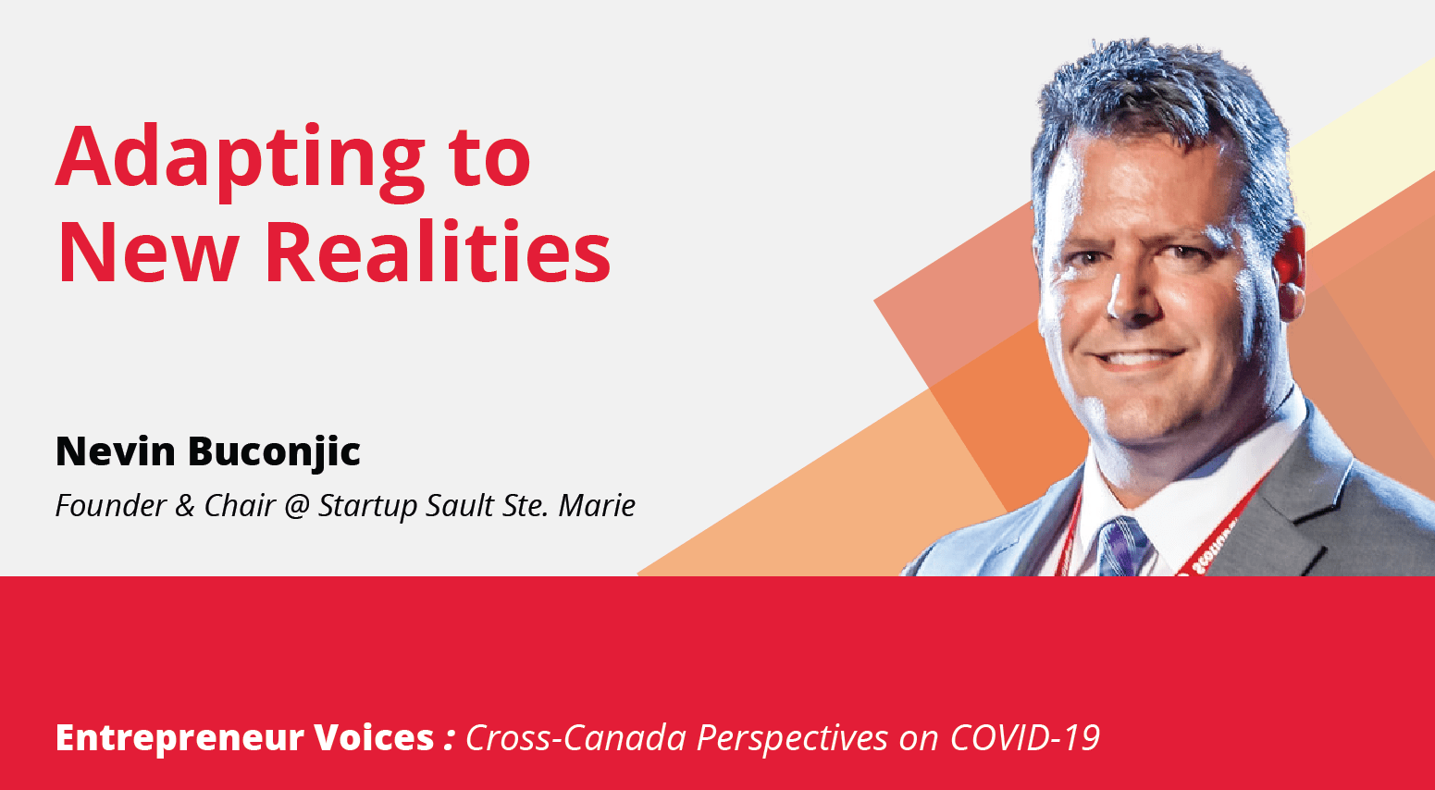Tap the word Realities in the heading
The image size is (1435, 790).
(x=438, y=252)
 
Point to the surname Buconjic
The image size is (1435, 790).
(x=274, y=453)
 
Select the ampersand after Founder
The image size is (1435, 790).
(x=184, y=505)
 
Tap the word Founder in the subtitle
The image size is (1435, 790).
(x=111, y=505)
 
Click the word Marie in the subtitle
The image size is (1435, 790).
(x=597, y=505)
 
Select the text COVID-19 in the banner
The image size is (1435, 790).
(x=1025, y=737)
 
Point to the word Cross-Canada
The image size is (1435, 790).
(x=575, y=737)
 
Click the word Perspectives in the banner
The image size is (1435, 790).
(x=792, y=739)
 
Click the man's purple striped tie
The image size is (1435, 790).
(x=1122, y=547)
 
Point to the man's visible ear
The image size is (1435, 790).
(x=1288, y=269)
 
